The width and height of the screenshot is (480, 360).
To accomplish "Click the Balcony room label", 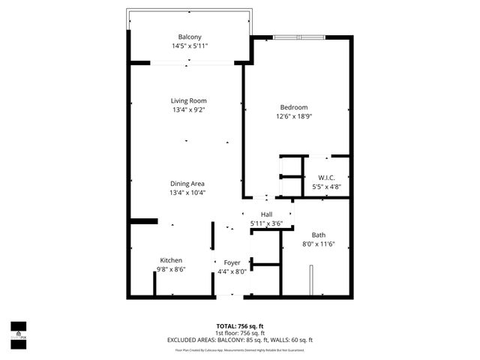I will [189, 37].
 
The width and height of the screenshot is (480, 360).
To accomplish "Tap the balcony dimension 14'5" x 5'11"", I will [189, 46].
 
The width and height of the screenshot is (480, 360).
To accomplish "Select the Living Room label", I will [188, 100].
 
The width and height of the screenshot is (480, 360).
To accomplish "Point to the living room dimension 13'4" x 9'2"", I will [188, 109].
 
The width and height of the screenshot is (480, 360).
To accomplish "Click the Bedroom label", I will [294, 107].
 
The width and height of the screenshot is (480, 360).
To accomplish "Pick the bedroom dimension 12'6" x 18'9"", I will [294, 116].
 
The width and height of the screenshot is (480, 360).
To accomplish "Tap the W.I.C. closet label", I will [326, 178].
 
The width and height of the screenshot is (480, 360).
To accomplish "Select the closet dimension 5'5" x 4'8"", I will [326, 187].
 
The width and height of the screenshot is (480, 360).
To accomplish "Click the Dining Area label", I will [187, 184].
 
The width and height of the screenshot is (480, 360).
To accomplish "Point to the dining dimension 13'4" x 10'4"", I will [187, 193].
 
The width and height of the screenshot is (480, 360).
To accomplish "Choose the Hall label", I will [266, 214].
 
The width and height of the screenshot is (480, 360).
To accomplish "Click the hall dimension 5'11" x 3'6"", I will [266, 223].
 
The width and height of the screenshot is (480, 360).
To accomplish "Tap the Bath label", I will [319, 235].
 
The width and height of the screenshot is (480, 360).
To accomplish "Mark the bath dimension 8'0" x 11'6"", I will [319, 244].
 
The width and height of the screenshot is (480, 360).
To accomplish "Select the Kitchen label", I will [171, 260].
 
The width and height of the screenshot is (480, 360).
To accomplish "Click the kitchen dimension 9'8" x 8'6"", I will [171, 269].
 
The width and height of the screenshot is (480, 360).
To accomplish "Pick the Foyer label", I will [232, 262].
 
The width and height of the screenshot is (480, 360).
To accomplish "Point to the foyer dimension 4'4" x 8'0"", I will [232, 271].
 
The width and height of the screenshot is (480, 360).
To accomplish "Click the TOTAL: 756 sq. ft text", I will [240, 325].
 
